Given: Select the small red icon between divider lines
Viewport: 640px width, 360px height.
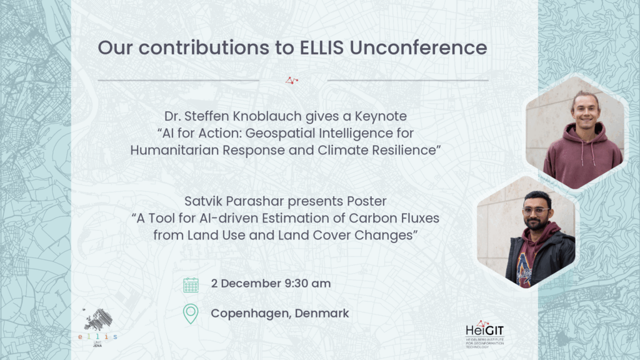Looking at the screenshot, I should click(292, 80).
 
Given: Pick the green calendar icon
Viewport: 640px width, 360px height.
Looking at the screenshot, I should click(191, 284).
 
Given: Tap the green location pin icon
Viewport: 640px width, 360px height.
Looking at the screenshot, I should click(191, 313).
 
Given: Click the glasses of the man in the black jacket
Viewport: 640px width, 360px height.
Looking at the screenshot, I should click(535, 211).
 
